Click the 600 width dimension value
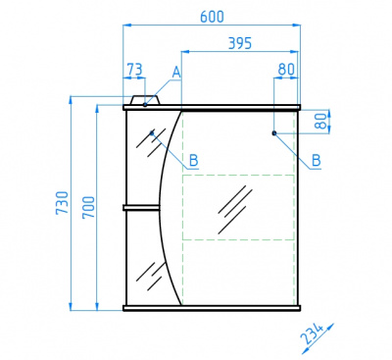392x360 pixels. (x=212, y=17)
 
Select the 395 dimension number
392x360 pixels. (x=240, y=43)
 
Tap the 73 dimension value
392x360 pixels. (x=134, y=70)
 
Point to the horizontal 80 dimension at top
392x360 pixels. (x=286, y=70)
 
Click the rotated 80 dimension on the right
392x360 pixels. (x=321, y=121)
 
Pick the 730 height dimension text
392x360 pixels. (x=62, y=203)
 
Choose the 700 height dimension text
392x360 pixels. (x=88, y=207)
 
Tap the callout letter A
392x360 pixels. (x=176, y=73)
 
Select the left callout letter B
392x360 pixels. (x=194, y=161)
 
